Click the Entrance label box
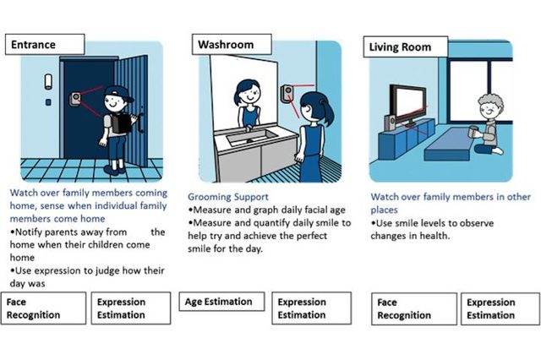tap(45, 44)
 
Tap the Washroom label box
tap(232, 44)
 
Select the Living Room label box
tap(406, 46)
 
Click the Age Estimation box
tap(221, 302)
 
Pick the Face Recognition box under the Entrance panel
tap(43, 308)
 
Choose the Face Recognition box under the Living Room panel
tap(414, 309)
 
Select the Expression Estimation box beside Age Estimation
tap(312, 308)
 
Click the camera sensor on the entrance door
tap(75, 99)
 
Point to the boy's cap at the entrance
tap(119, 94)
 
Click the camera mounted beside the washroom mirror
tap(287, 93)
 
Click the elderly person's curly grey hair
tap(490, 101)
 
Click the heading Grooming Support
tap(228, 197)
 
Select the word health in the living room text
tap(434, 237)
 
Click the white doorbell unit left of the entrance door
tap(48, 82)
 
